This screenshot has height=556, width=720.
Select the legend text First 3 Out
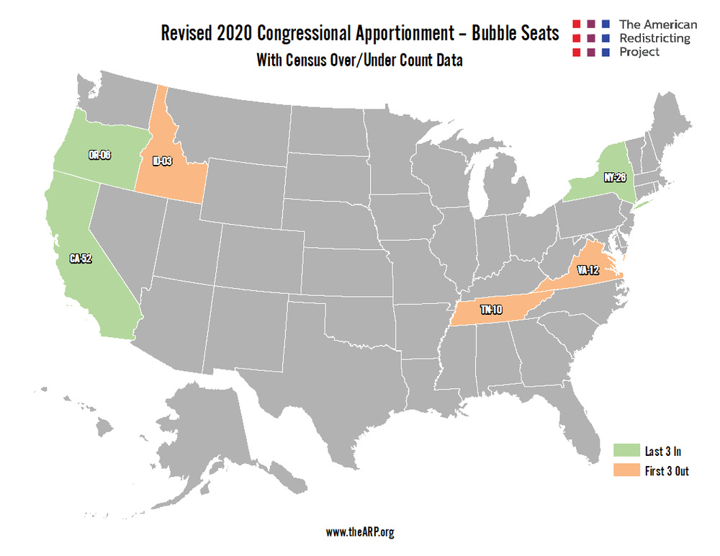[667, 472]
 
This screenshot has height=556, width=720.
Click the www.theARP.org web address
[360, 532]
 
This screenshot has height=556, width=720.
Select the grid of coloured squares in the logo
[591, 38]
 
